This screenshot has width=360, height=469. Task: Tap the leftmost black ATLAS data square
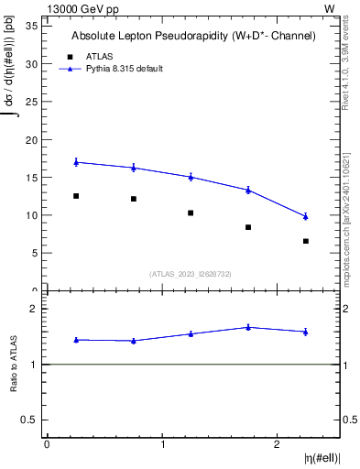coord(76,196)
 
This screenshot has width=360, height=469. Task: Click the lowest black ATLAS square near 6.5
coord(306,241)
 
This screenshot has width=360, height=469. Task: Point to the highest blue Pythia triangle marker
coord(76,162)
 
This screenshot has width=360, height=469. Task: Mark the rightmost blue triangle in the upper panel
coord(306,216)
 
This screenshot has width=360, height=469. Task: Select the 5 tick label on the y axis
coord(33,253)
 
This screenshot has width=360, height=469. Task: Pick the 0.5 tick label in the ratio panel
coord(28,420)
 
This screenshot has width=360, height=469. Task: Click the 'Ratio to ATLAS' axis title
coord(14,364)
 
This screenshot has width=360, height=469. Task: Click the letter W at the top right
coord(329,8)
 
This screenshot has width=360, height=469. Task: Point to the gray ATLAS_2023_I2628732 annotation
coord(191,273)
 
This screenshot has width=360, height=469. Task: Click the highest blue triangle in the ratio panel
coord(248,327)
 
